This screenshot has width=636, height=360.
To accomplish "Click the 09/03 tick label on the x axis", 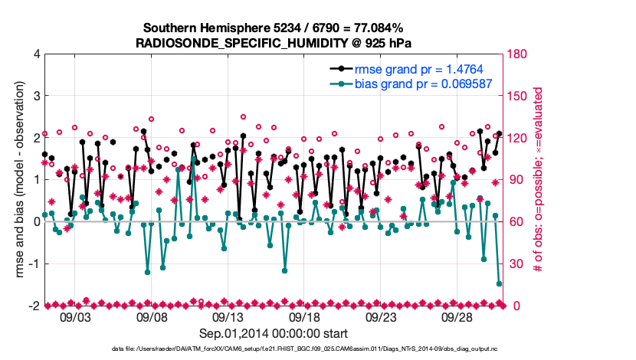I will point(74,317).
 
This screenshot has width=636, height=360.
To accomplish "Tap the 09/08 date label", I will point(151,317).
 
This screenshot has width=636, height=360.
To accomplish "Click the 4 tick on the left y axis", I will point(36,54).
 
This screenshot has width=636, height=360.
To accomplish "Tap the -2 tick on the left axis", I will point(34,306).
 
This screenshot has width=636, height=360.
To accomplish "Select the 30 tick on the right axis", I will point(514,263).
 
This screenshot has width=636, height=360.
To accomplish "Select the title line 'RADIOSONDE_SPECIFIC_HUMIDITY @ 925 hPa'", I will point(274,43).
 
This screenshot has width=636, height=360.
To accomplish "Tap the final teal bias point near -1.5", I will point(499,284).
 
